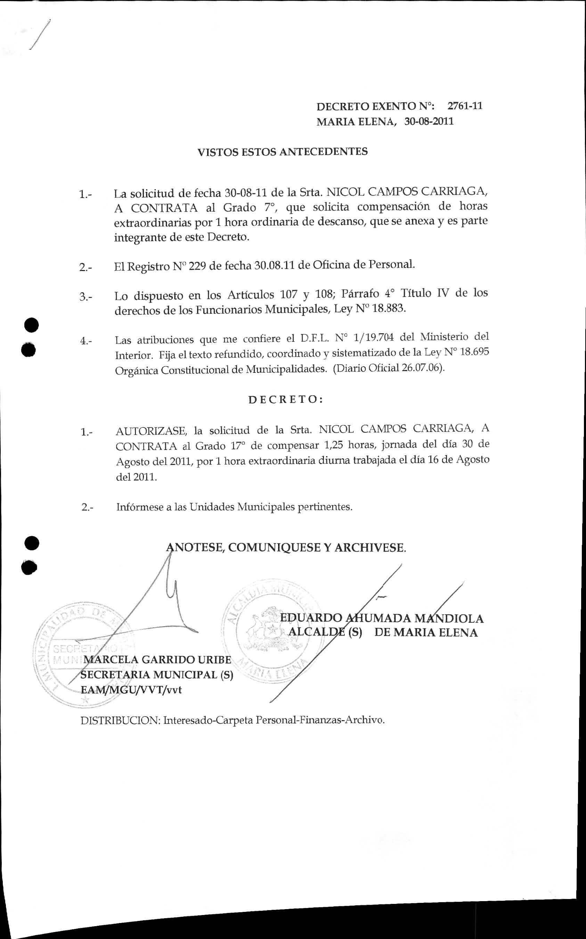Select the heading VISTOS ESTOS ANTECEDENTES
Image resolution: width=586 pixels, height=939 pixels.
283,152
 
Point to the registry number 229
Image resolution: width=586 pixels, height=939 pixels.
197,266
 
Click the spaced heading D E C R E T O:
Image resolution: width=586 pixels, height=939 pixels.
286,400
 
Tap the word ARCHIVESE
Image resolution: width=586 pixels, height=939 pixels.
370,548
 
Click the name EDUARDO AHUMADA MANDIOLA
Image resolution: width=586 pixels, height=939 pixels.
382,618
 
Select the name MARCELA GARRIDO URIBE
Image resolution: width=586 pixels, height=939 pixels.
157,660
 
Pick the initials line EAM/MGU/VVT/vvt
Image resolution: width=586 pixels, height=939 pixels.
131,690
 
